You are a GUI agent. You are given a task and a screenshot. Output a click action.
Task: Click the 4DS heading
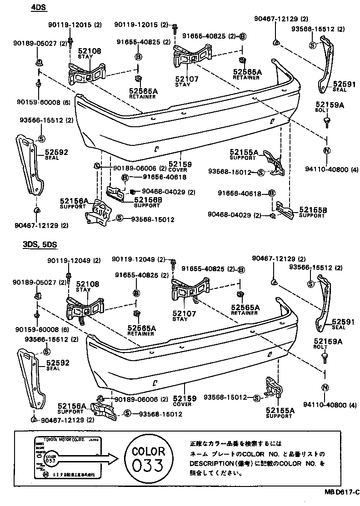(x=40, y=8)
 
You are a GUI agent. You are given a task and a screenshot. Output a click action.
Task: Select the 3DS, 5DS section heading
(x=40, y=244)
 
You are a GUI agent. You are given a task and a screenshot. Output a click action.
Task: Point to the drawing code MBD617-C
(x=341, y=491)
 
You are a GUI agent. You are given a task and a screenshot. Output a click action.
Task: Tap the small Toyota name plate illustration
(x=68, y=457)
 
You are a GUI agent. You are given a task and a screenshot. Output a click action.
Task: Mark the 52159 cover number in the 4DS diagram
(x=180, y=164)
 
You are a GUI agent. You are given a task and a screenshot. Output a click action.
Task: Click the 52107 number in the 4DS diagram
(x=186, y=79)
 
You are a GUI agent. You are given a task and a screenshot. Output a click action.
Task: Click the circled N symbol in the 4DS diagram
(x=326, y=152)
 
